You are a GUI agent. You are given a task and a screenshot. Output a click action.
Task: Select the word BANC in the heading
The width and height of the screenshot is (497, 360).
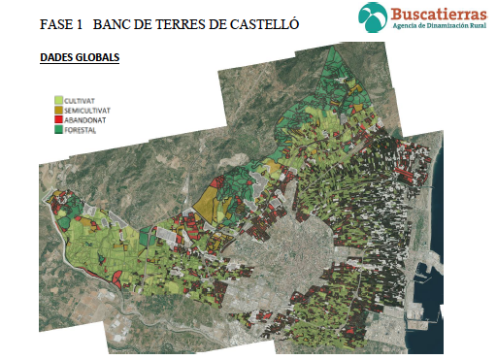pyautogui.click(x=114, y=22)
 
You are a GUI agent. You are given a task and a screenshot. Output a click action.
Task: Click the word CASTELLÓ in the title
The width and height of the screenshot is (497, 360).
pyautogui.click(x=252, y=22)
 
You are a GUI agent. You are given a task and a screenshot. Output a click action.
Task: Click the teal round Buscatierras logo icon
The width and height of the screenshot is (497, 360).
pyautogui.click(x=373, y=16)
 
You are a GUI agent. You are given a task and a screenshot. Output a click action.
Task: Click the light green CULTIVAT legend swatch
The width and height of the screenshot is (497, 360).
pyautogui.click(x=58, y=100)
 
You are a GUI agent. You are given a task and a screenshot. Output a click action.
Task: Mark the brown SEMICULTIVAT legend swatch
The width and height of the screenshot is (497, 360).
pyautogui.click(x=58, y=111)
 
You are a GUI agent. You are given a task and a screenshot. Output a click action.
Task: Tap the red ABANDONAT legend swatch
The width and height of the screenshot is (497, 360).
pyautogui.click(x=58, y=119)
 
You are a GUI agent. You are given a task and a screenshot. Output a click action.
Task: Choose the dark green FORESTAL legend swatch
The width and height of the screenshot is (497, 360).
pyautogui.click(x=58, y=128)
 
